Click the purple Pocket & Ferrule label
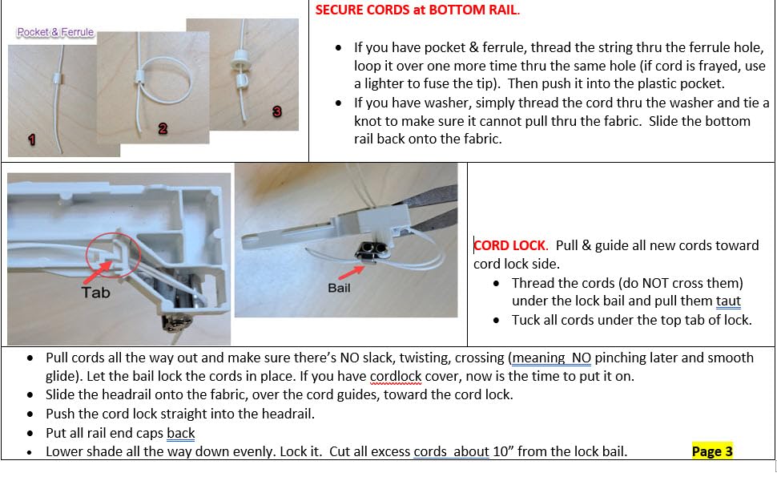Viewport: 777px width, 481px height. pyautogui.click(x=54, y=33)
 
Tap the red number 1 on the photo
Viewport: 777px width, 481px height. pyautogui.click(x=32, y=139)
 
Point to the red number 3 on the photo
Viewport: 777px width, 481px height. pyautogui.click(x=277, y=111)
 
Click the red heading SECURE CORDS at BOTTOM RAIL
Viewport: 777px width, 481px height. pyautogui.click(x=417, y=11)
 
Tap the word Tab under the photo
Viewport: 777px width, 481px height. pyautogui.click(x=95, y=293)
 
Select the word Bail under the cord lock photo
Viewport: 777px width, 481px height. pyautogui.click(x=339, y=287)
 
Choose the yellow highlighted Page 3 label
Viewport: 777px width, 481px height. pyautogui.click(x=712, y=451)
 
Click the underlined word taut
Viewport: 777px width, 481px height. pyautogui.click(x=728, y=301)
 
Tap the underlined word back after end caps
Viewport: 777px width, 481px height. pyautogui.click(x=181, y=433)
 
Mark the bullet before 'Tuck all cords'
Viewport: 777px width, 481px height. pyautogui.click(x=497, y=321)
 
